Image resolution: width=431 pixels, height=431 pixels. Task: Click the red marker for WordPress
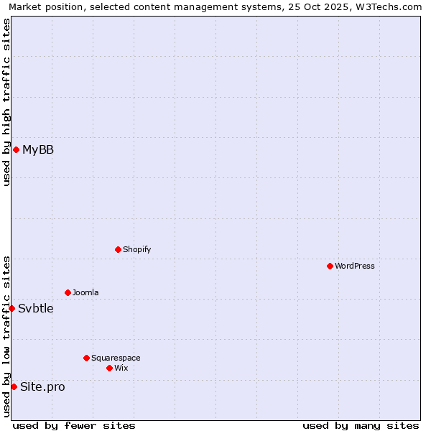click(x=330, y=266)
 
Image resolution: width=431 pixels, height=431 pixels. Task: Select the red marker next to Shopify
click(x=118, y=249)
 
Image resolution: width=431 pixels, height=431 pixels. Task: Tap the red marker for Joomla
click(x=68, y=292)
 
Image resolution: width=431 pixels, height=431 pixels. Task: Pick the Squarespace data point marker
click(x=86, y=358)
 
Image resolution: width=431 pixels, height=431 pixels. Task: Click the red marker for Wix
click(x=109, y=368)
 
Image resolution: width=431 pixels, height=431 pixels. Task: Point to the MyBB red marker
click(x=16, y=149)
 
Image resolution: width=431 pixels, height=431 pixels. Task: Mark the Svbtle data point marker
click(x=11, y=308)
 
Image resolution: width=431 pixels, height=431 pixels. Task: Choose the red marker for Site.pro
click(x=14, y=386)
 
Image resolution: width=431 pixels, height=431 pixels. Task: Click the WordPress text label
click(x=355, y=266)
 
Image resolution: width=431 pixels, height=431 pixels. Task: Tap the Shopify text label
click(x=136, y=249)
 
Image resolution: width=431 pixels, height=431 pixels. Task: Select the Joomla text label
click(x=85, y=292)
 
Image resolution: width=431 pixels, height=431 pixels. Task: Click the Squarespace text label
click(x=116, y=358)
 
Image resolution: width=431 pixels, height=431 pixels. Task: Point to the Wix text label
click(x=121, y=368)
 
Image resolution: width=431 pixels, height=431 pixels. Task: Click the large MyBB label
click(x=38, y=149)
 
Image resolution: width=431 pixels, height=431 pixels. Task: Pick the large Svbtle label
click(x=36, y=308)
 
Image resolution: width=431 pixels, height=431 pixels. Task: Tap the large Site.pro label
click(x=42, y=386)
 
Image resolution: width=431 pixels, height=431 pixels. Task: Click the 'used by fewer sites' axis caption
click(x=74, y=425)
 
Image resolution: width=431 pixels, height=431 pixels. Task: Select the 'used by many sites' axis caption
click(x=361, y=425)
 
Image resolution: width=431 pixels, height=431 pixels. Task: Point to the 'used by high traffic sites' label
click(x=7, y=102)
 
